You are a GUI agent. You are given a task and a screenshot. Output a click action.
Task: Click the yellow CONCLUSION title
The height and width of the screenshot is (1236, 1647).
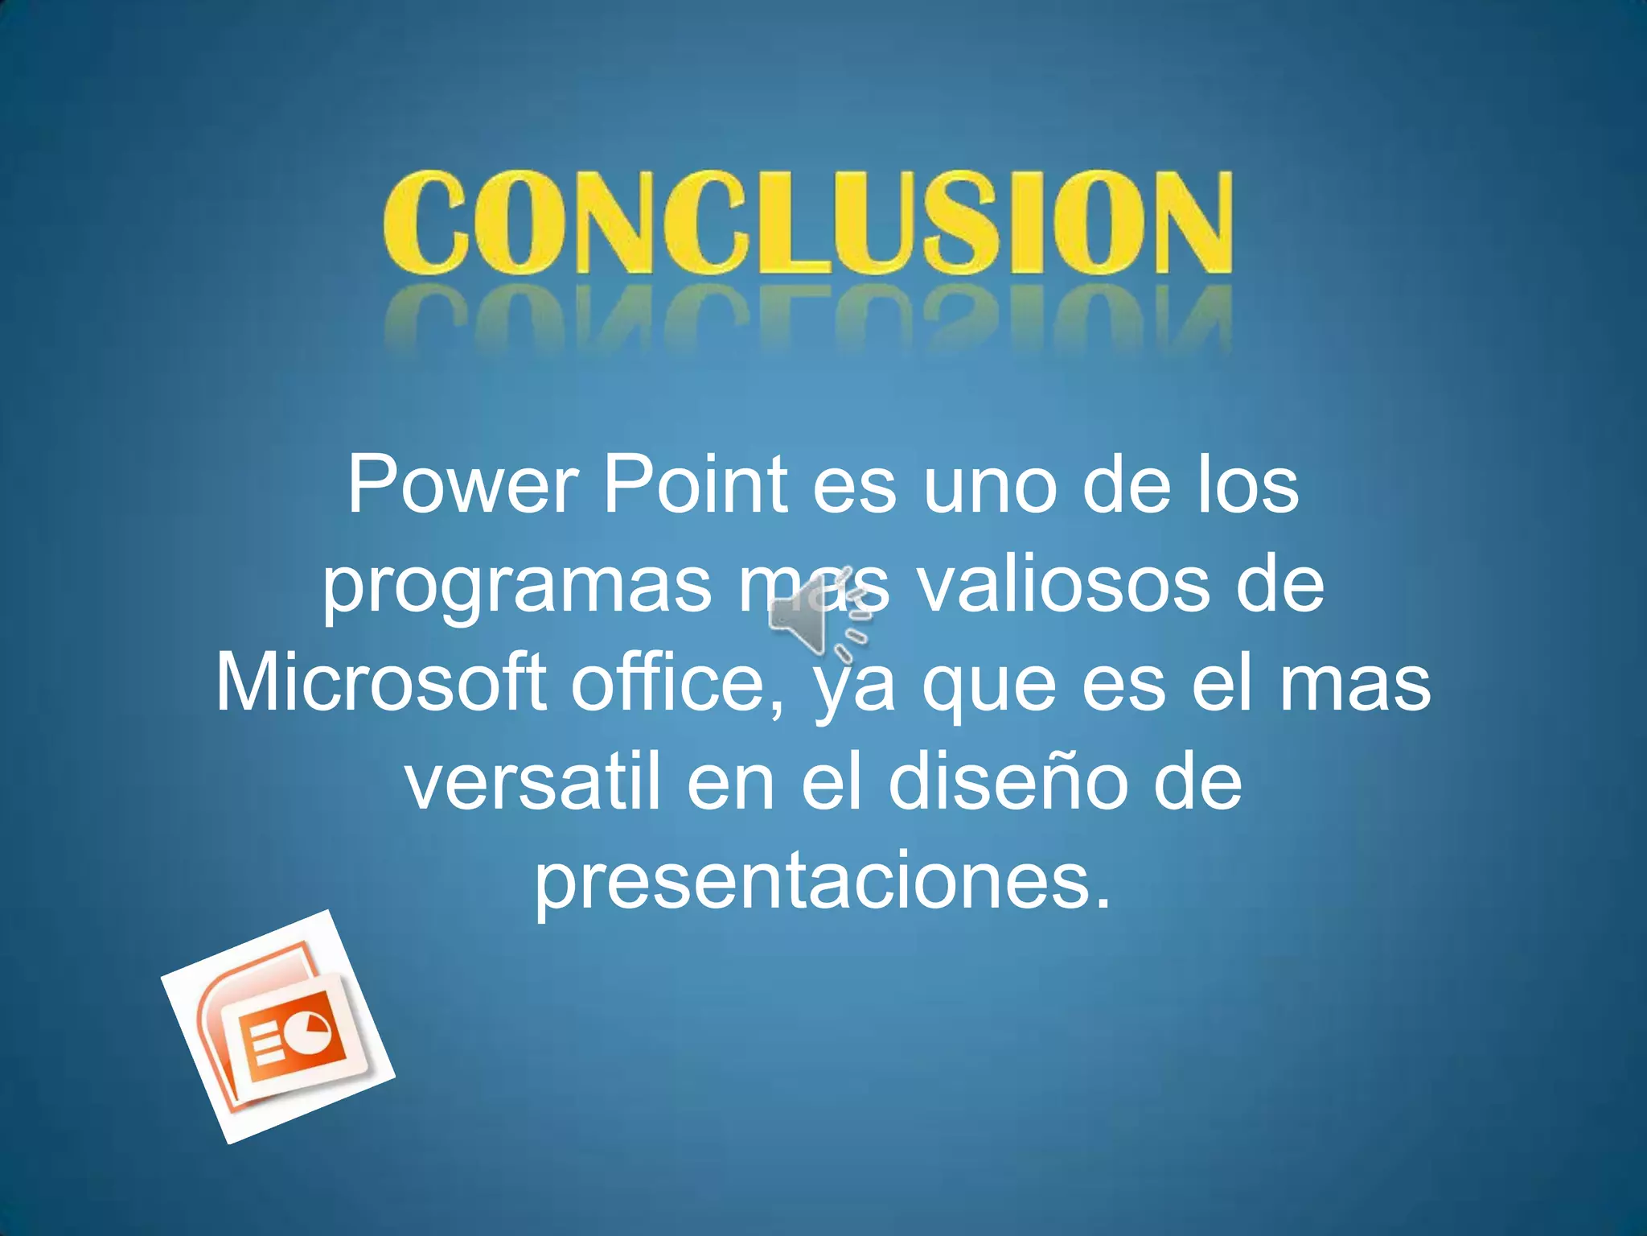point(807,221)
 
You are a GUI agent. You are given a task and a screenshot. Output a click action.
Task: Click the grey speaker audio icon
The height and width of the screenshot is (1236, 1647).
point(816,620)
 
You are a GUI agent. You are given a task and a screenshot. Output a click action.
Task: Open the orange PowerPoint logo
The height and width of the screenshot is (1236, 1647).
point(278,1027)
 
